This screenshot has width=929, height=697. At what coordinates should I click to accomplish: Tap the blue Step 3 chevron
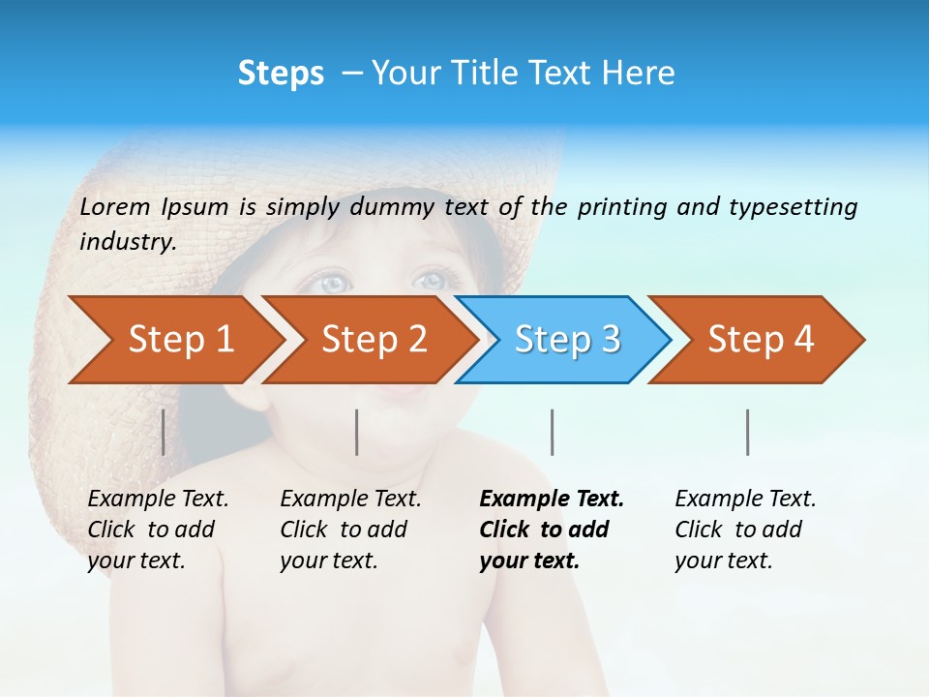point(567,340)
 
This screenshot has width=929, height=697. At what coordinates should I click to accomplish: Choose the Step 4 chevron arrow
point(761,340)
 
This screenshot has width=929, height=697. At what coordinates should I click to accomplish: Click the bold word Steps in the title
point(281,74)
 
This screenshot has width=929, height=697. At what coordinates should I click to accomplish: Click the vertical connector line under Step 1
point(163,432)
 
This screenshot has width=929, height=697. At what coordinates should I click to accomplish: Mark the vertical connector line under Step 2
point(357,432)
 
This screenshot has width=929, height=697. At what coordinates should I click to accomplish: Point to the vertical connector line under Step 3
point(552,432)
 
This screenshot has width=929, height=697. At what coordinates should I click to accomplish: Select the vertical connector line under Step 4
point(747,432)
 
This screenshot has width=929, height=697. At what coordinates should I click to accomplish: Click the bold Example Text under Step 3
point(552,500)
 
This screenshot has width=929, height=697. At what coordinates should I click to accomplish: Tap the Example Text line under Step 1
point(158,500)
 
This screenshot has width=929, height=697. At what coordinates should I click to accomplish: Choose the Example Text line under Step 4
point(745,500)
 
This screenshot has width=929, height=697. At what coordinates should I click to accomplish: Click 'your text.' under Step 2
point(328,561)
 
